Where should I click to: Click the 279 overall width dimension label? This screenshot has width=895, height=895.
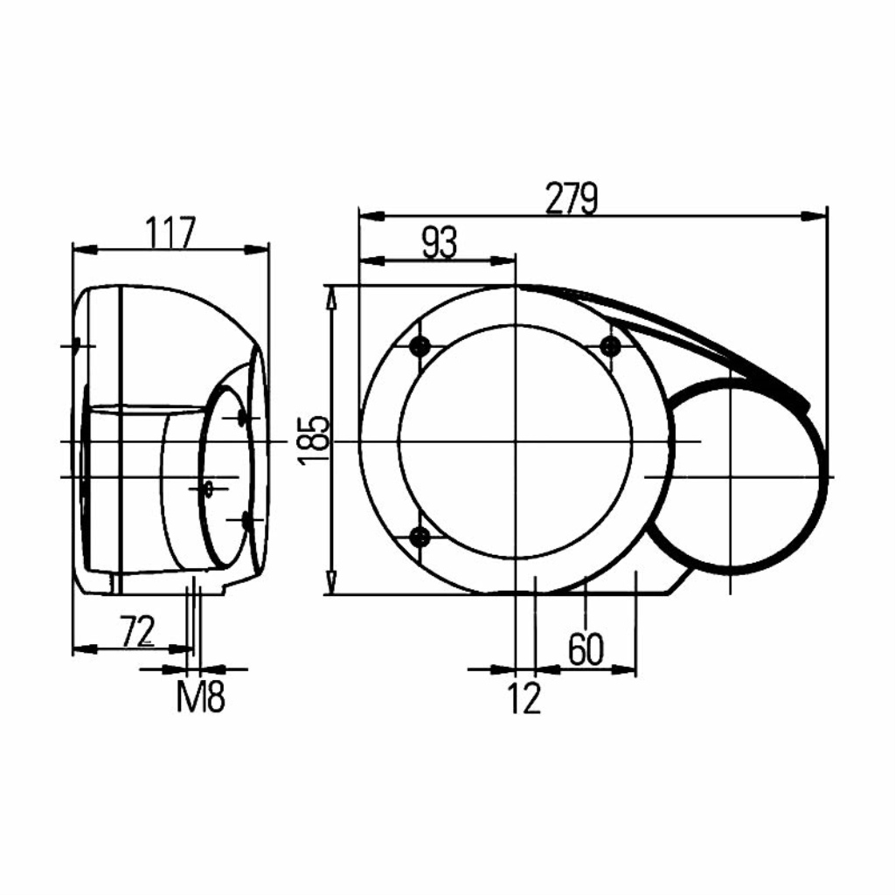[x=572, y=198]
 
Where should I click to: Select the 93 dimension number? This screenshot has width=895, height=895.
[x=440, y=243]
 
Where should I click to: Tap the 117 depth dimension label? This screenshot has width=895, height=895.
[x=170, y=232]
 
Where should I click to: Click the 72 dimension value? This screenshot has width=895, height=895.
[x=137, y=631]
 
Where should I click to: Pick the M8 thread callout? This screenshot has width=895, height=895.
[x=201, y=697]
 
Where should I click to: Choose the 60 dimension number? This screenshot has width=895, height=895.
[x=586, y=649]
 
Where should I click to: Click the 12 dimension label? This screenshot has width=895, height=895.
[x=524, y=697]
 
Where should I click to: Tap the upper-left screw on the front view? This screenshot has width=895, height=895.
[x=420, y=345]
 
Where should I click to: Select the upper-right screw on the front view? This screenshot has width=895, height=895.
[x=610, y=345]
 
